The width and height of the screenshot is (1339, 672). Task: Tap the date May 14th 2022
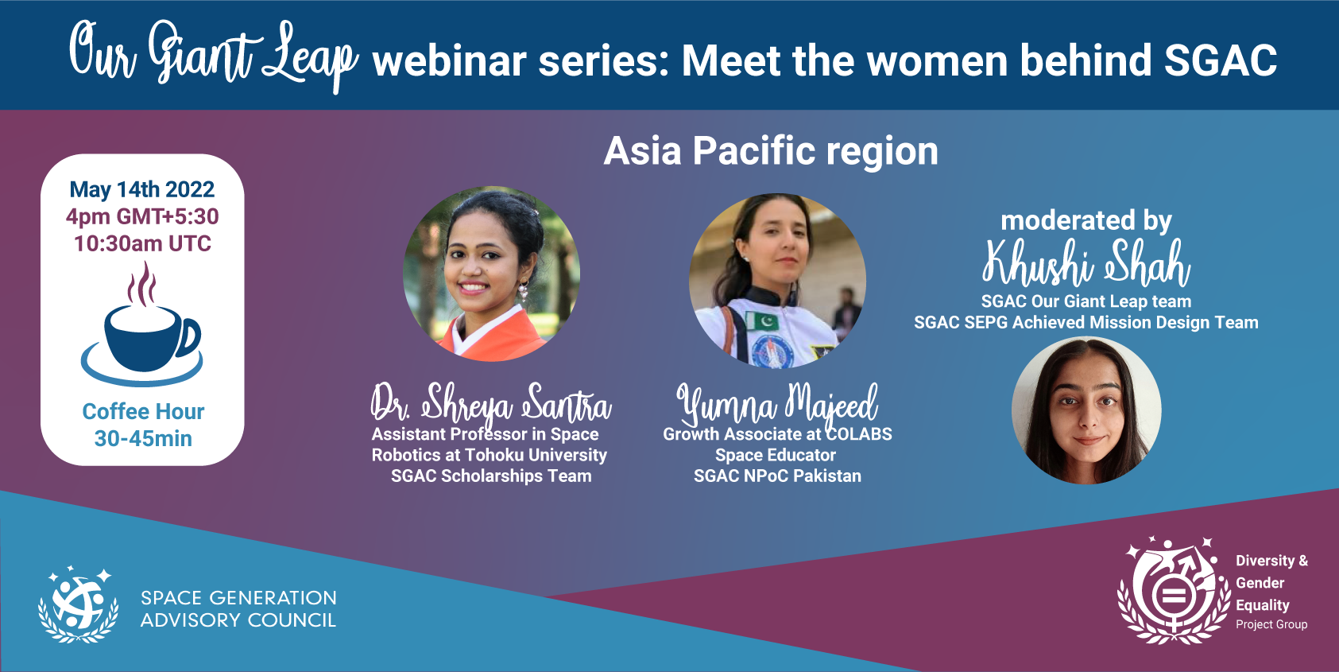tap(142, 190)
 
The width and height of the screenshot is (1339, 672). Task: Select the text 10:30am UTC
tap(142, 243)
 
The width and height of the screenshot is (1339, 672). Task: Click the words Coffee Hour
tap(143, 412)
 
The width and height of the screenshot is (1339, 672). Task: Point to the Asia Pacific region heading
tap(771, 151)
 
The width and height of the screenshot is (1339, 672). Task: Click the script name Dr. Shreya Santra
tap(491, 402)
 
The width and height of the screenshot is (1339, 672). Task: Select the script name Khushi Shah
tap(1086, 263)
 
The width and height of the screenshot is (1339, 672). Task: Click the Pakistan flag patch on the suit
tap(763, 321)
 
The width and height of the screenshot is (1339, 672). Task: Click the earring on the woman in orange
tap(524, 289)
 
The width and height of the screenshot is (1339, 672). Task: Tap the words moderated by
tap(1086, 220)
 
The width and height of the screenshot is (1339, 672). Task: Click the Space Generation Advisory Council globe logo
tap(79, 604)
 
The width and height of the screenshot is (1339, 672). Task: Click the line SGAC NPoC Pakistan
tap(777, 476)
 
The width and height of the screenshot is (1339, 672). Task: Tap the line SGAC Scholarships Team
tap(491, 476)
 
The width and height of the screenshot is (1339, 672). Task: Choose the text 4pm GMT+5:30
tap(142, 216)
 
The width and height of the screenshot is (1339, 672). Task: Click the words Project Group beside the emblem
tap(1271, 625)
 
